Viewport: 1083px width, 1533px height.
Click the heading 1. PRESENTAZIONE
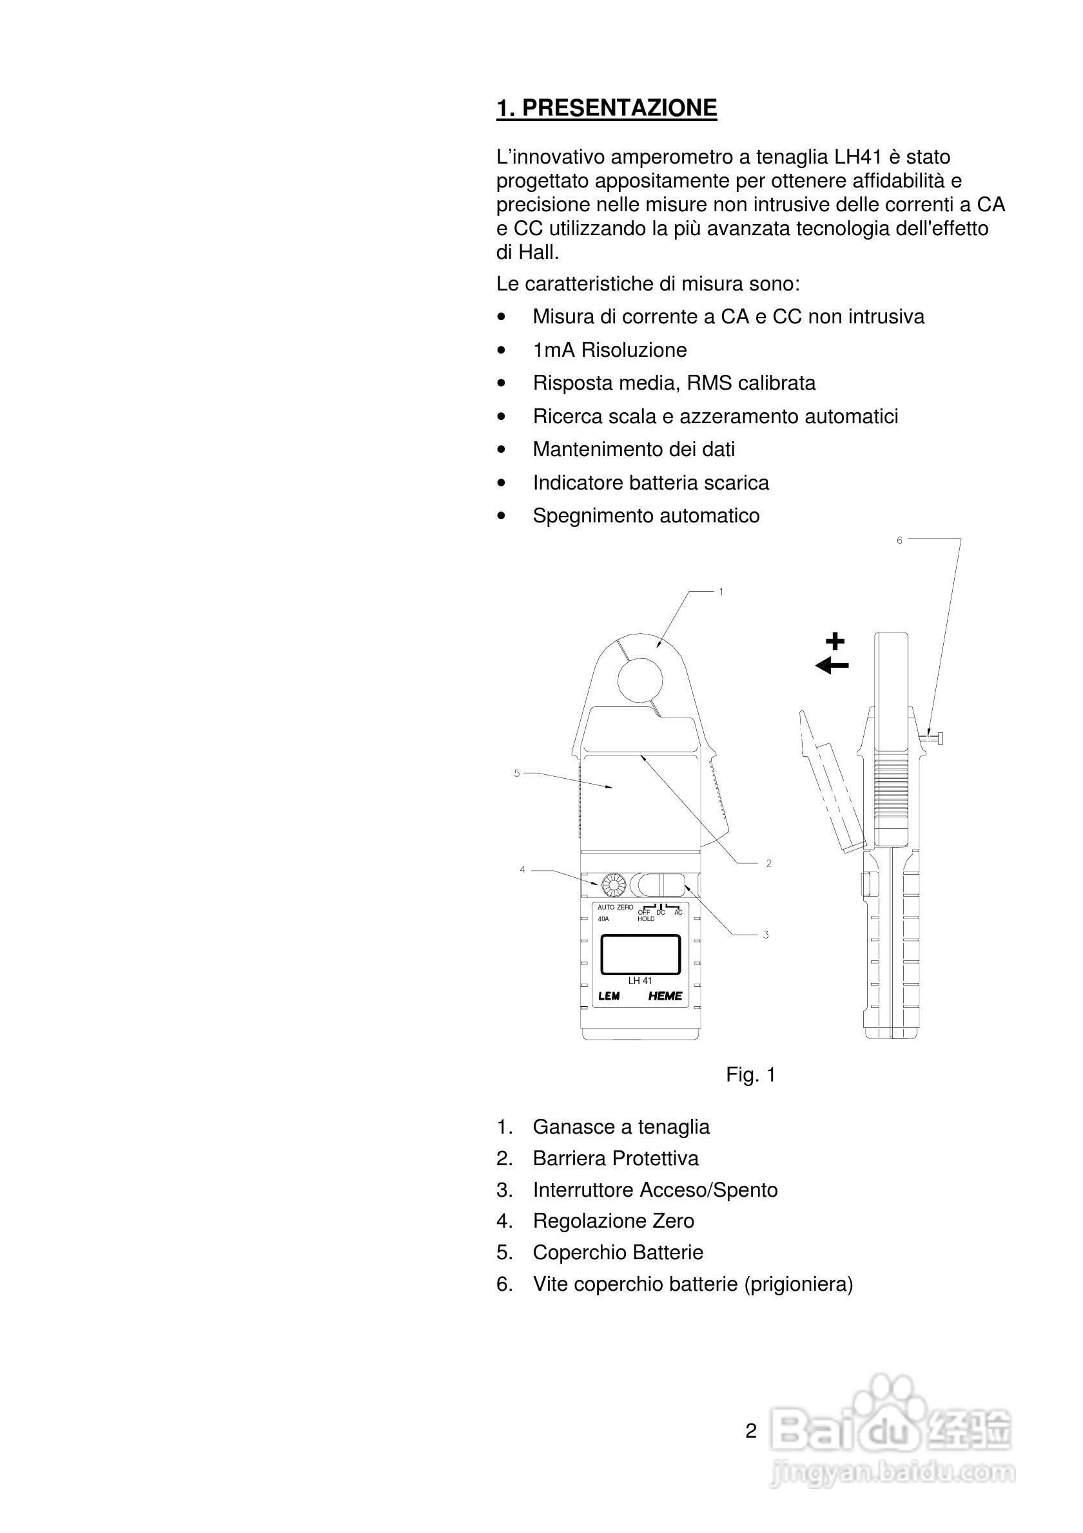(x=606, y=108)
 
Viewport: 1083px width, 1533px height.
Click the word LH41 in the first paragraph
(x=859, y=158)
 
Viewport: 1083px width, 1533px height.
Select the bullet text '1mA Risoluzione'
(x=609, y=350)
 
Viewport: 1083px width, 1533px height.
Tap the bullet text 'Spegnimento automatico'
(x=645, y=515)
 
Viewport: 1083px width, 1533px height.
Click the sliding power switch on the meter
(x=661, y=884)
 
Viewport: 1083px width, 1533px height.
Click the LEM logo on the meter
(x=609, y=996)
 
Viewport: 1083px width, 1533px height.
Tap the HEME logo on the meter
(x=665, y=996)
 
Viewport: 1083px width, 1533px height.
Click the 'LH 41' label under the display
(x=640, y=980)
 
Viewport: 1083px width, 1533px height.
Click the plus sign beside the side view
(x=834, y=642)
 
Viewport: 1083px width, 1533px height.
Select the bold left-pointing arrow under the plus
(x=832, y=665)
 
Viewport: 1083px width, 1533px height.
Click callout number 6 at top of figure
(x=899, y=540)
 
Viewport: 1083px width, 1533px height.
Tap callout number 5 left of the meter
(x=516, y=773)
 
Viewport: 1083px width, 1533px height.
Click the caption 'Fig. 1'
(x=750, y=1074)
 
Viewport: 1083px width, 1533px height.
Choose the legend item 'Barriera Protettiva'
(x=616, y=1157)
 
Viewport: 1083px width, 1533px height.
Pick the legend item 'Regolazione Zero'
(x=612, y=1221)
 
